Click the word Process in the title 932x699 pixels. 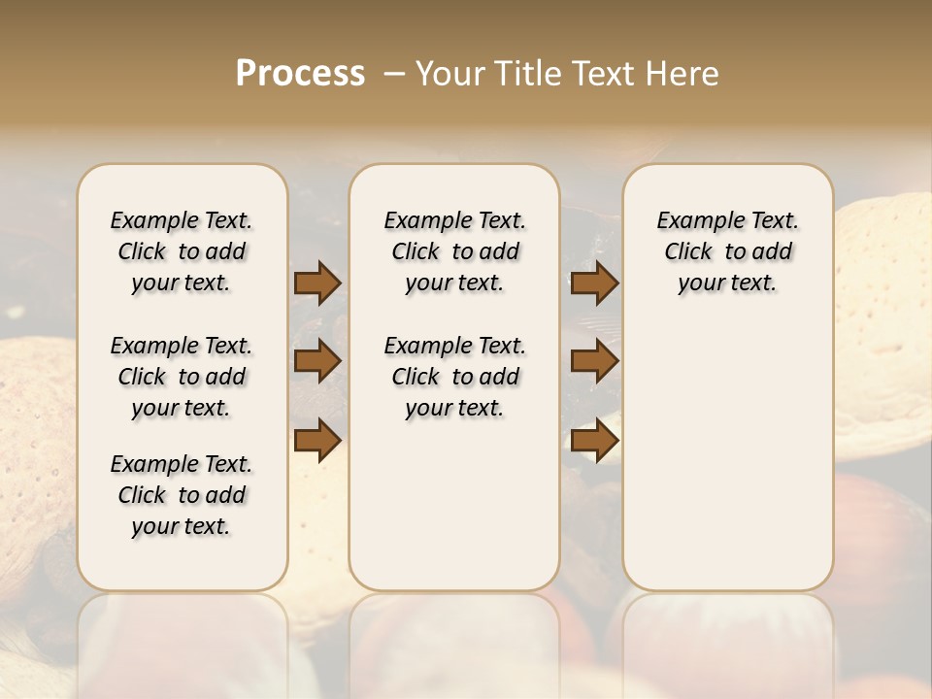tap(300, 74)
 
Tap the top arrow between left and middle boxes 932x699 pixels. tap(317, 283)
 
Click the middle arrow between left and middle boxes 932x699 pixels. tap(317, 361)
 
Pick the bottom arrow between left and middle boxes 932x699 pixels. tap(317, 440)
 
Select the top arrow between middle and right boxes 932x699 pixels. tap(594, 283)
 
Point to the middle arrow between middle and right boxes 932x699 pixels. tap(594, 361)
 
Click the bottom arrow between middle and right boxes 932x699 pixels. tap(594, 440)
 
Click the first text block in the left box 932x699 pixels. tap(182, 251)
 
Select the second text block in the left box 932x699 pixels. tap(182, 377)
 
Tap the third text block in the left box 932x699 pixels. tap(182, 495)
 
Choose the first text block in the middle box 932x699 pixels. tap(454, 251)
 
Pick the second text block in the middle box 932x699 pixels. tap(454, 377)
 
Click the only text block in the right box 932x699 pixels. tap(727, 251)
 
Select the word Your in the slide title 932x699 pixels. tap(450, 74)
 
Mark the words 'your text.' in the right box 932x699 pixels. tap(727, 283)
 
